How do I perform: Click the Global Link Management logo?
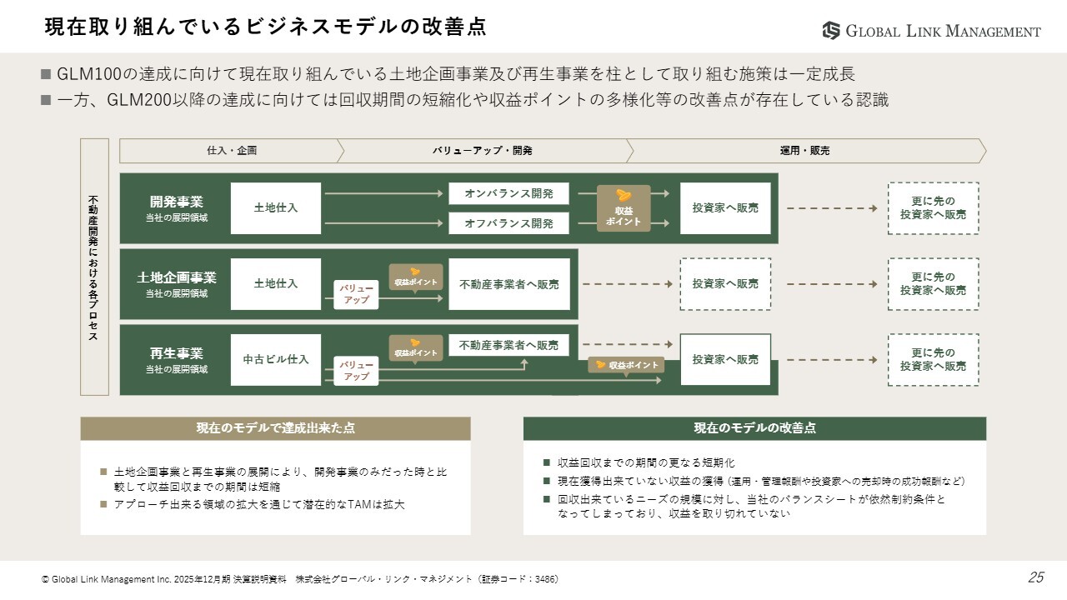pyautogui.click(x=931, y=31)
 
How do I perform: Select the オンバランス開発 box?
pyautogui.click(x=508, y=193)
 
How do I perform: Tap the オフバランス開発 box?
pyautogui.click(x=508, y=223)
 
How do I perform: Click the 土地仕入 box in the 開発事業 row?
pyautogui.click(x=276, y=208)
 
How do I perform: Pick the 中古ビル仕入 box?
pyautogui.click(x=276, y=360)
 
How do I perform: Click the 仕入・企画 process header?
pyautogui.click(x=232, y=151)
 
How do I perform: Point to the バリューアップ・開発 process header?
pyautogui.click(x=482, y=151)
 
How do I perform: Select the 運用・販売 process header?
pyautogui.click(x=804, y=151)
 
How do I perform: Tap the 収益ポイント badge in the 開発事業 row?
pyautogui.click(x=624, y=208)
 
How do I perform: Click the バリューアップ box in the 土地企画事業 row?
pyautogui.click(x=357, y=294)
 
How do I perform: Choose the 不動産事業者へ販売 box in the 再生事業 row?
pyautogui.click(x=508, y=345)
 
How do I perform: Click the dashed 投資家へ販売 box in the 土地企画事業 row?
pyautogui.click(x=725, y=284)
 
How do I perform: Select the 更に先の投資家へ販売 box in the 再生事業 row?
pyautogui.click(x=933, y=360)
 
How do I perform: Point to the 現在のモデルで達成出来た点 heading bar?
pyautogui.click(x=275, y=428)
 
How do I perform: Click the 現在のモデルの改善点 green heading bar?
pyautogui.click(x=754, y=428)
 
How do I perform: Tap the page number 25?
pyautogui.click(x=1035, y=577)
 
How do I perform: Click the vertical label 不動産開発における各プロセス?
pyautogui.click(x=94, y=267)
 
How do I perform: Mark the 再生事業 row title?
pyautogui.click(x=176, y=353)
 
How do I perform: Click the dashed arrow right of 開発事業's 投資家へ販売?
pyautogui.click(x=831, y=208)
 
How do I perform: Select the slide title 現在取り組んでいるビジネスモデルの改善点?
pyautogui.click(x=265, y=27)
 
